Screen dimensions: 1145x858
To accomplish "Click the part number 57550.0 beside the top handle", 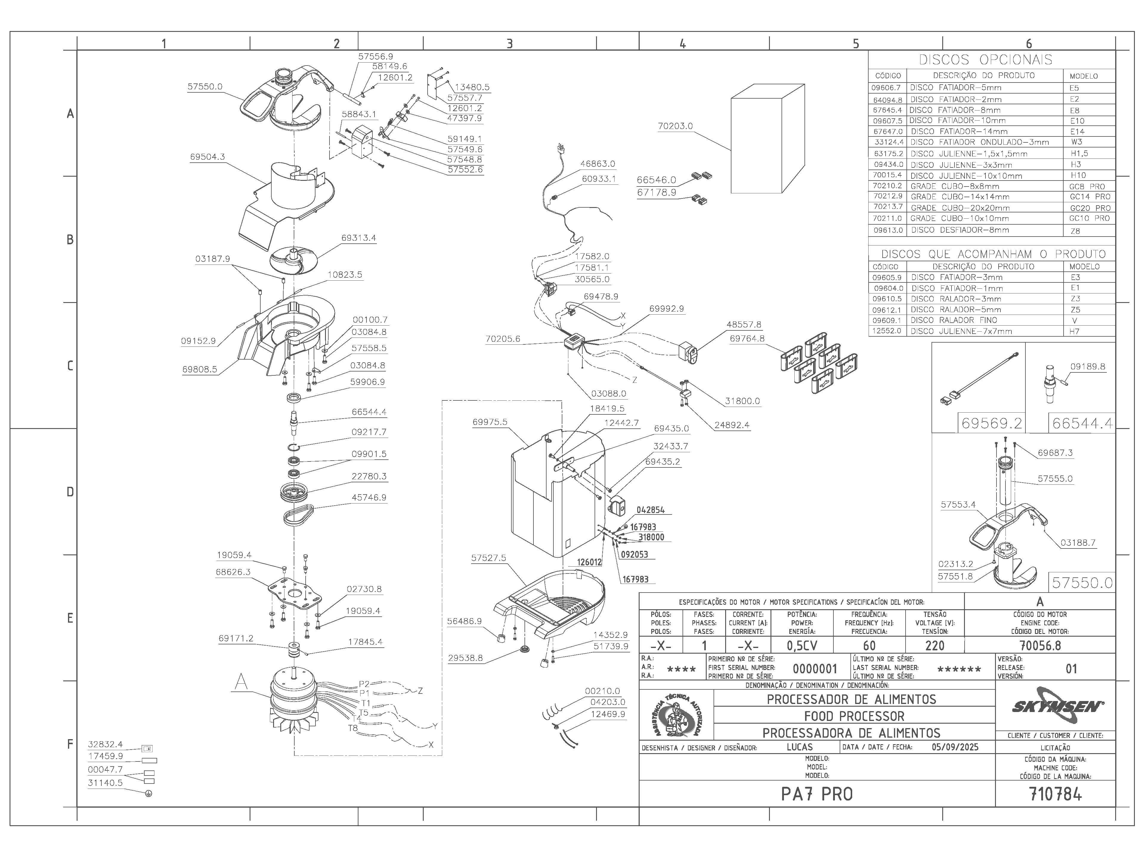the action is coord(205,87).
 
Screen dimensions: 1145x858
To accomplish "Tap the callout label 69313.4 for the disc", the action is coord(359,238).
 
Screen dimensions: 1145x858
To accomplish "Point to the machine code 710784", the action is coord(1056,794).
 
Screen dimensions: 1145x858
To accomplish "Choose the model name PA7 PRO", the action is coord(817,794).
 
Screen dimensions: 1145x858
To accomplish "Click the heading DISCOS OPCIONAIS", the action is coord(985,60).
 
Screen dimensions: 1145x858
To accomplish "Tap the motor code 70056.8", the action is coord(1040,646).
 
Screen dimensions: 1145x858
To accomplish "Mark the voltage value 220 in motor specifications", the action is coord(935,646).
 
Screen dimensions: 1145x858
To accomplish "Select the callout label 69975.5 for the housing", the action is coord(490,422).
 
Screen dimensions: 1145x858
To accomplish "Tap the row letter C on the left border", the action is coord(70,366).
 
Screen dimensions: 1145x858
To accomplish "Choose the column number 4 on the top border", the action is coord(683,44).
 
